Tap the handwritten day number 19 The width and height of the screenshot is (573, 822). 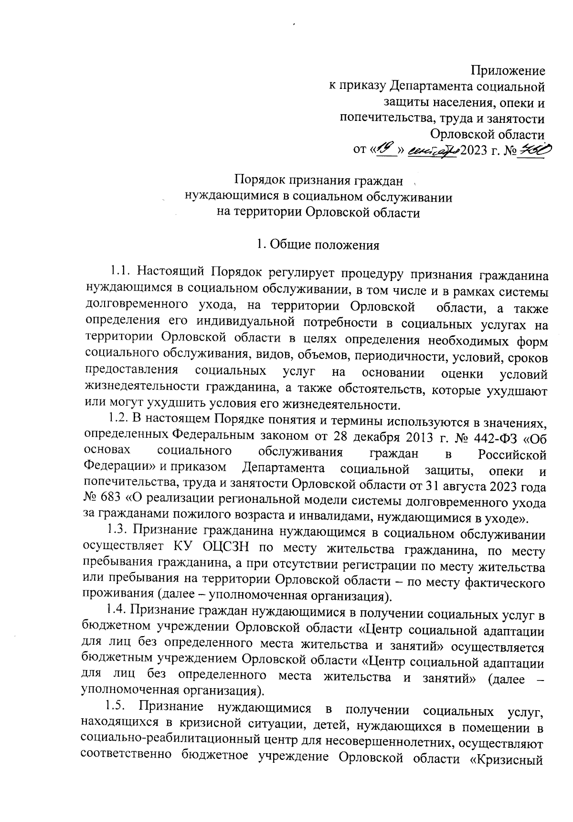[x=386, y=150]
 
